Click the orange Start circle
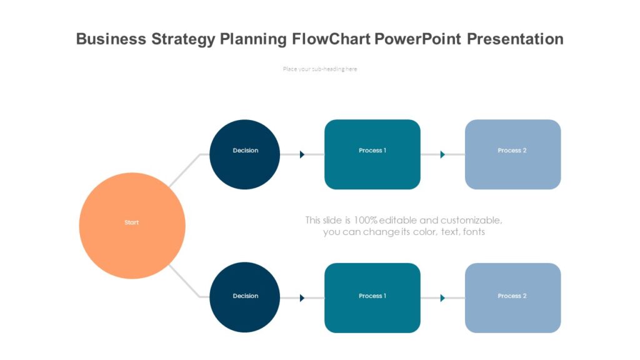pos(132,226)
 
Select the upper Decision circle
pos(244,154)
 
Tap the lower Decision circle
pos(244,297)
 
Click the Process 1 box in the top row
pos(372,154)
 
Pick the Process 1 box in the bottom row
pos(372,297)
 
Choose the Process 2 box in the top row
pos(512,154)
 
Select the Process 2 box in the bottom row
pos(512,297)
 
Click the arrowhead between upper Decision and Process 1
pos(302,154)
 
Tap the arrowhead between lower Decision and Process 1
pos(302,298)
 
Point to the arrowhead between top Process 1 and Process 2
pos(442,154)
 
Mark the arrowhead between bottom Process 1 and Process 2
pos(442,298)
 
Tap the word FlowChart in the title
pos(332,39)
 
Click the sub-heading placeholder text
pos(320,69)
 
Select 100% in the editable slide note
pos(366,220)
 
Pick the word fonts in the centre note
pos(472,232)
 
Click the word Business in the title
pos(111,39)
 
